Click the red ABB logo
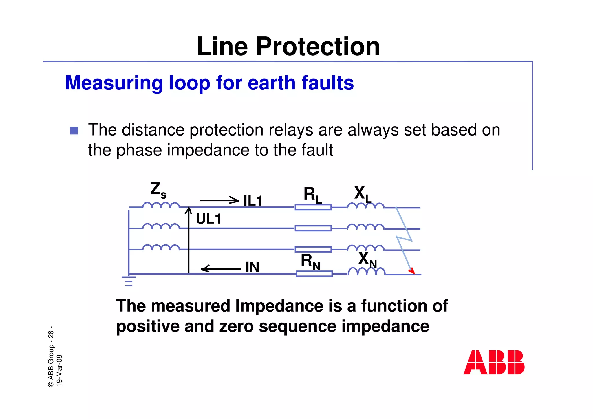494,362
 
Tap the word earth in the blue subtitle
272,83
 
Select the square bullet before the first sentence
74,131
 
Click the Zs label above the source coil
158,190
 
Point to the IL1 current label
253,201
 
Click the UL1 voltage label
208,219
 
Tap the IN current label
252,267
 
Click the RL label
312,195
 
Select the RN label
310,261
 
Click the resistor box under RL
313,207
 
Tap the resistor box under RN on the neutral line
314,274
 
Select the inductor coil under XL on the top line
366,206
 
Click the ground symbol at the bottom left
129,281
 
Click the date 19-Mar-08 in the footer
59,370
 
